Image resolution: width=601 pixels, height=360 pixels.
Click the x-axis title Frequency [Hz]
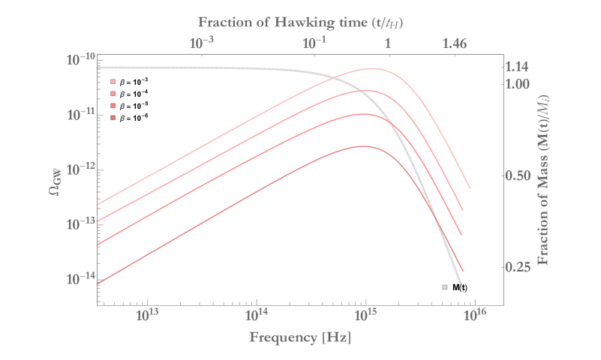299,337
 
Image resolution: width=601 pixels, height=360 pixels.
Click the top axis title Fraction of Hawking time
300,22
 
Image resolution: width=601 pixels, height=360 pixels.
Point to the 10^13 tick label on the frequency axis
149,313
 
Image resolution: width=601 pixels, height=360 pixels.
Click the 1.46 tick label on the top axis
455,44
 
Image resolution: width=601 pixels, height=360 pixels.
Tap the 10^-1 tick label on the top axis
314,44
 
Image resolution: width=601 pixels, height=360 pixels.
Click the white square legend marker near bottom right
445,287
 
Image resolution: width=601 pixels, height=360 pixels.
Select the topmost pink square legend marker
113,82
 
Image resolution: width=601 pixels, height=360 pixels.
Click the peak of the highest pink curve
371,69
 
